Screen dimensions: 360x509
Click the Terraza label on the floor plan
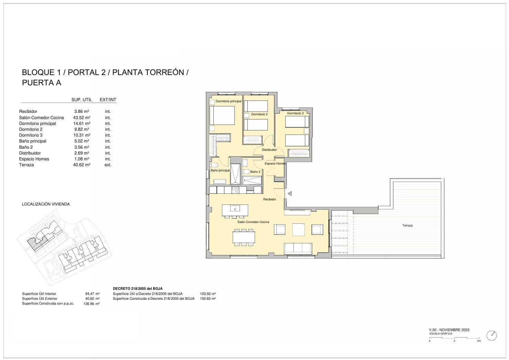pos(407,225)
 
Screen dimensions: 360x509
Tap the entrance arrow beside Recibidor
pos(290,194)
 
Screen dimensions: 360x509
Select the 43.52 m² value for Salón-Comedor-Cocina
pos(82,118)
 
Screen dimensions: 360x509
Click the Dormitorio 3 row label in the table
pos(31,135)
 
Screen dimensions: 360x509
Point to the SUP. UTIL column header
pos(82,100)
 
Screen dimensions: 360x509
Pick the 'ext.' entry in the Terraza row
pos(108,165)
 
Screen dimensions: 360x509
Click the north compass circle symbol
pos(491,335)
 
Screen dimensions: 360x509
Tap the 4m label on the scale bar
pos(479,341)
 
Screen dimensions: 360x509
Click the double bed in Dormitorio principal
pos(222,115)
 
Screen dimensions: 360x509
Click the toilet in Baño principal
pos(214,165)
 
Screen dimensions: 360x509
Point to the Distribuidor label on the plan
pos(269,150)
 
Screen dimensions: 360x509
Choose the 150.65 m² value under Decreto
pos(208,299)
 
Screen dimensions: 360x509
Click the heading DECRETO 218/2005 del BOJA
pos(138,288)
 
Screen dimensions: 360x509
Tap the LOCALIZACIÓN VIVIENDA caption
pos(46,204)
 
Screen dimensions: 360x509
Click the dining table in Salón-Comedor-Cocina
pos(244,237)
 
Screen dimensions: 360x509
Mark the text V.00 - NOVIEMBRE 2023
pos(449,330)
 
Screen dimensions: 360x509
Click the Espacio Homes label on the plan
pos(275,163)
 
